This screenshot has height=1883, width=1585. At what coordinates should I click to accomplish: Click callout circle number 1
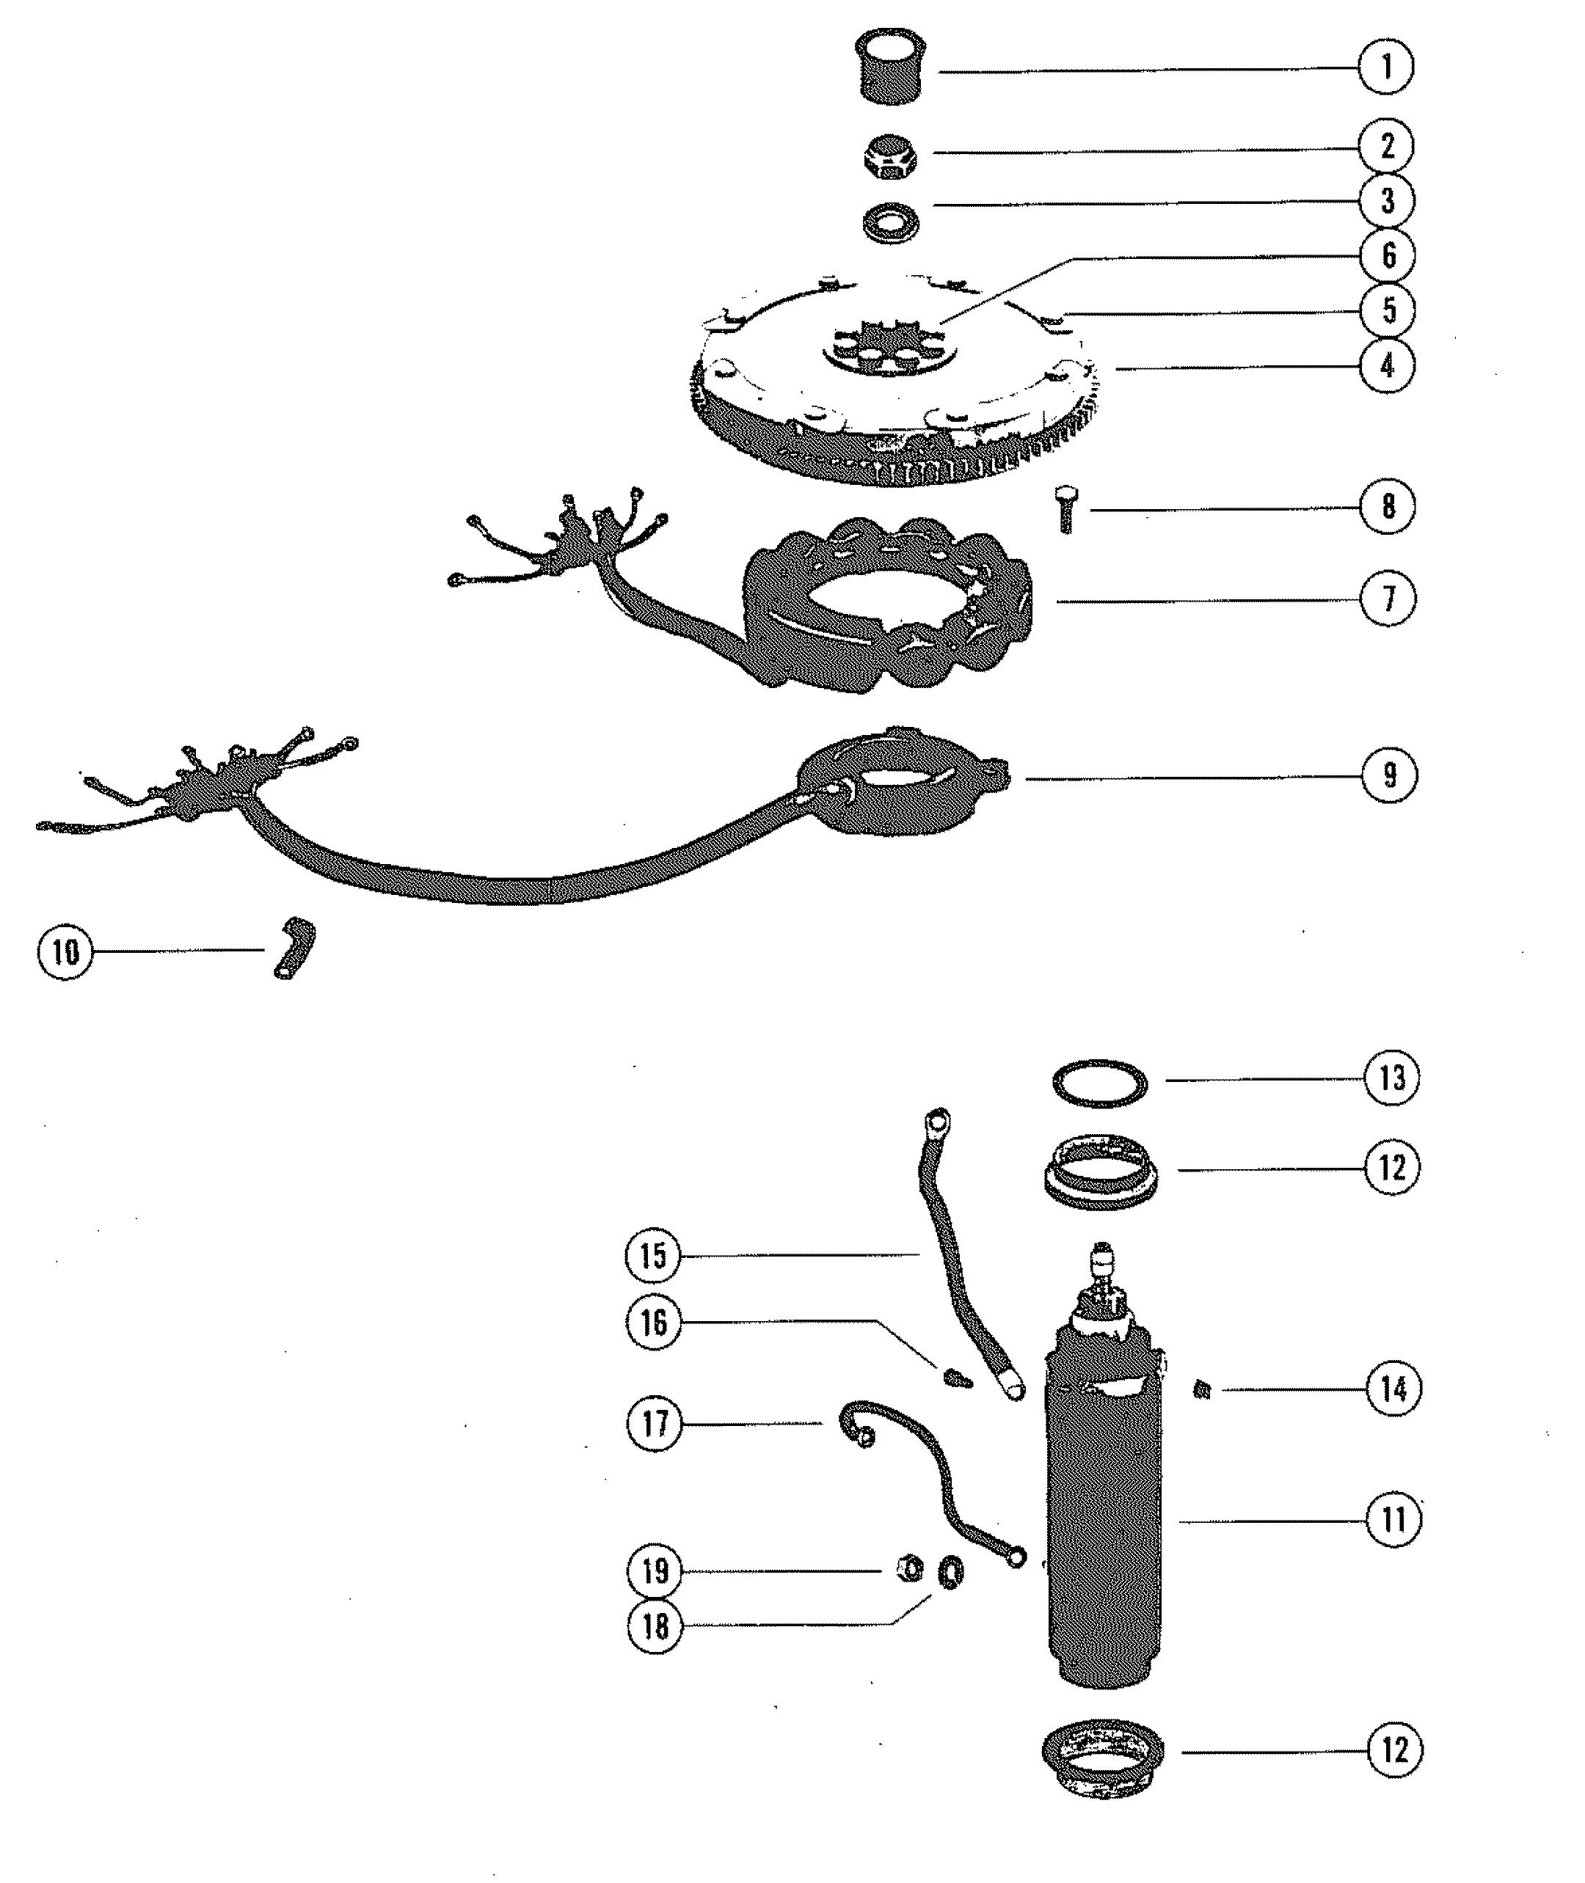point(1385,67)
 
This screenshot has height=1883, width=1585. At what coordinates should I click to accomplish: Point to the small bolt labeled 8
point(1066,509)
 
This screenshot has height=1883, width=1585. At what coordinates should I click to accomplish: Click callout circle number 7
point(1388,599)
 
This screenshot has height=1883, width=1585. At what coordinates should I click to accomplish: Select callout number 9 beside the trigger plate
point(1389,775)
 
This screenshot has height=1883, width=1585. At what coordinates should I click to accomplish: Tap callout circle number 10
point(65,951)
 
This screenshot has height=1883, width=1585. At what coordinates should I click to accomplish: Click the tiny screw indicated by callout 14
point(1205,1391)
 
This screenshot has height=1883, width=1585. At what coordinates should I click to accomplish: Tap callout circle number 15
point(653,1255)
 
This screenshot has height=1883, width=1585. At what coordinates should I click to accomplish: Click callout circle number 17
point(655,1423)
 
